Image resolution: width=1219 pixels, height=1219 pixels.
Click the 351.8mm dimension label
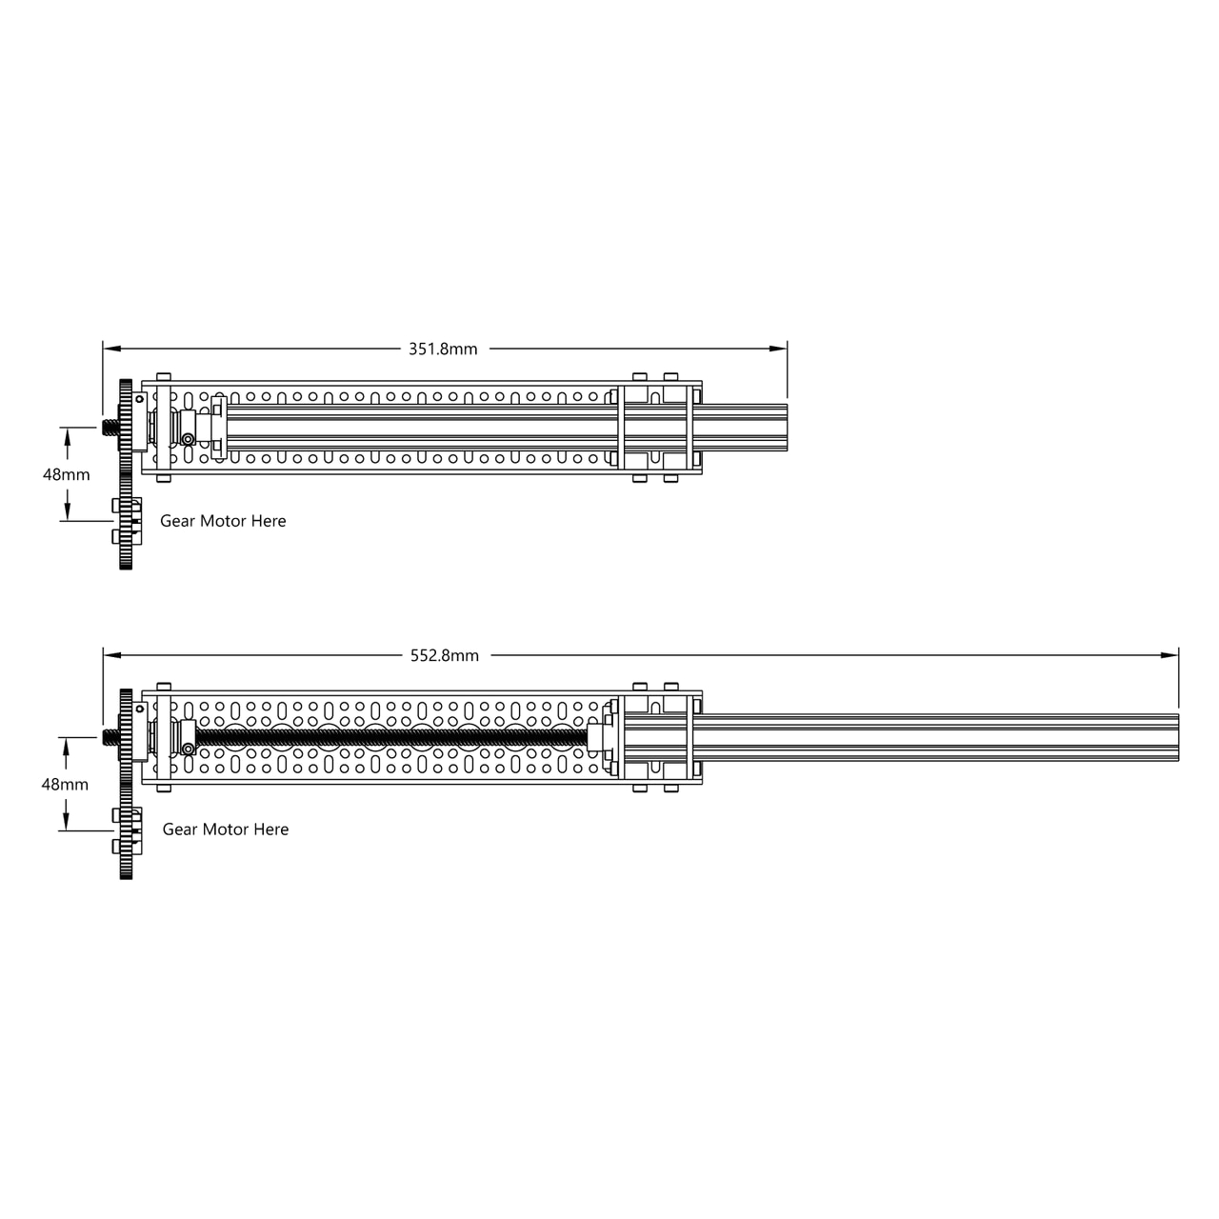point(443,349)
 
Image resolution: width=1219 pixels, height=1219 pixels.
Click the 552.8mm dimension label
point(445,655)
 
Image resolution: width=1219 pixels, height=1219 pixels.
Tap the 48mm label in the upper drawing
point(67,474)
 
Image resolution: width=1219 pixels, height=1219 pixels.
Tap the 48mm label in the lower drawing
point(65,784)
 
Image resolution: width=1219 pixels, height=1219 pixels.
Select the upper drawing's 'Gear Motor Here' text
point(223,521)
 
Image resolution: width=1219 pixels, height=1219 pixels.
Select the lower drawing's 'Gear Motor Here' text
point(226,829)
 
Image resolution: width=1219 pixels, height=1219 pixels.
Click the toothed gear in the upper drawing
point(125,476)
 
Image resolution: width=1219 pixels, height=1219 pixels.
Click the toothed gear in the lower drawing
point(126,785)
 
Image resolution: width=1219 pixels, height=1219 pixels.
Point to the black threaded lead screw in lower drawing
point(390,738)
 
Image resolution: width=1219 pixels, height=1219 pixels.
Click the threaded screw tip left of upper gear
point(109,426)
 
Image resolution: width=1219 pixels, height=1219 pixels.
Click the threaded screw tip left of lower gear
point(109,736)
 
